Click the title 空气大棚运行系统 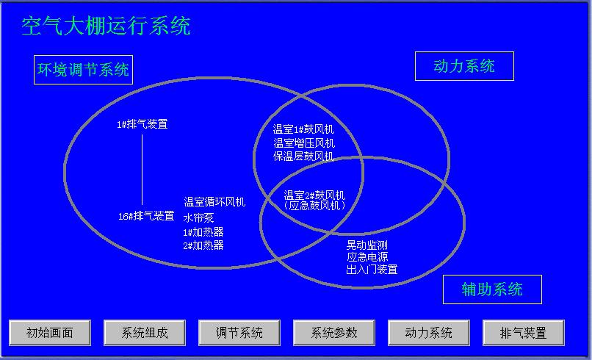point(106,26)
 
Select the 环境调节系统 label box point(84,70)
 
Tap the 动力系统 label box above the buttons point(464,66)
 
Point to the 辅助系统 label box point(492,289)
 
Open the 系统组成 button point(145,333)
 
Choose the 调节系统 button point(239,333)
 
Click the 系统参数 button point(334,333)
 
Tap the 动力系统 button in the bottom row point(429,333)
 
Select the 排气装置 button point(524,333)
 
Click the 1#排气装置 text point(142,124)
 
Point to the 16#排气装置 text point(146,216)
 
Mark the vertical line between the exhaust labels point(142,170)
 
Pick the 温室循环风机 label point(214,202)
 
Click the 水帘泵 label point(198,217)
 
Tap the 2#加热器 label point(203,245)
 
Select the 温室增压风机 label point(304,143)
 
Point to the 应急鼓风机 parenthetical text point(314,205)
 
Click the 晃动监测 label point(367,245)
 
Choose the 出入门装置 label point(372,270)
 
